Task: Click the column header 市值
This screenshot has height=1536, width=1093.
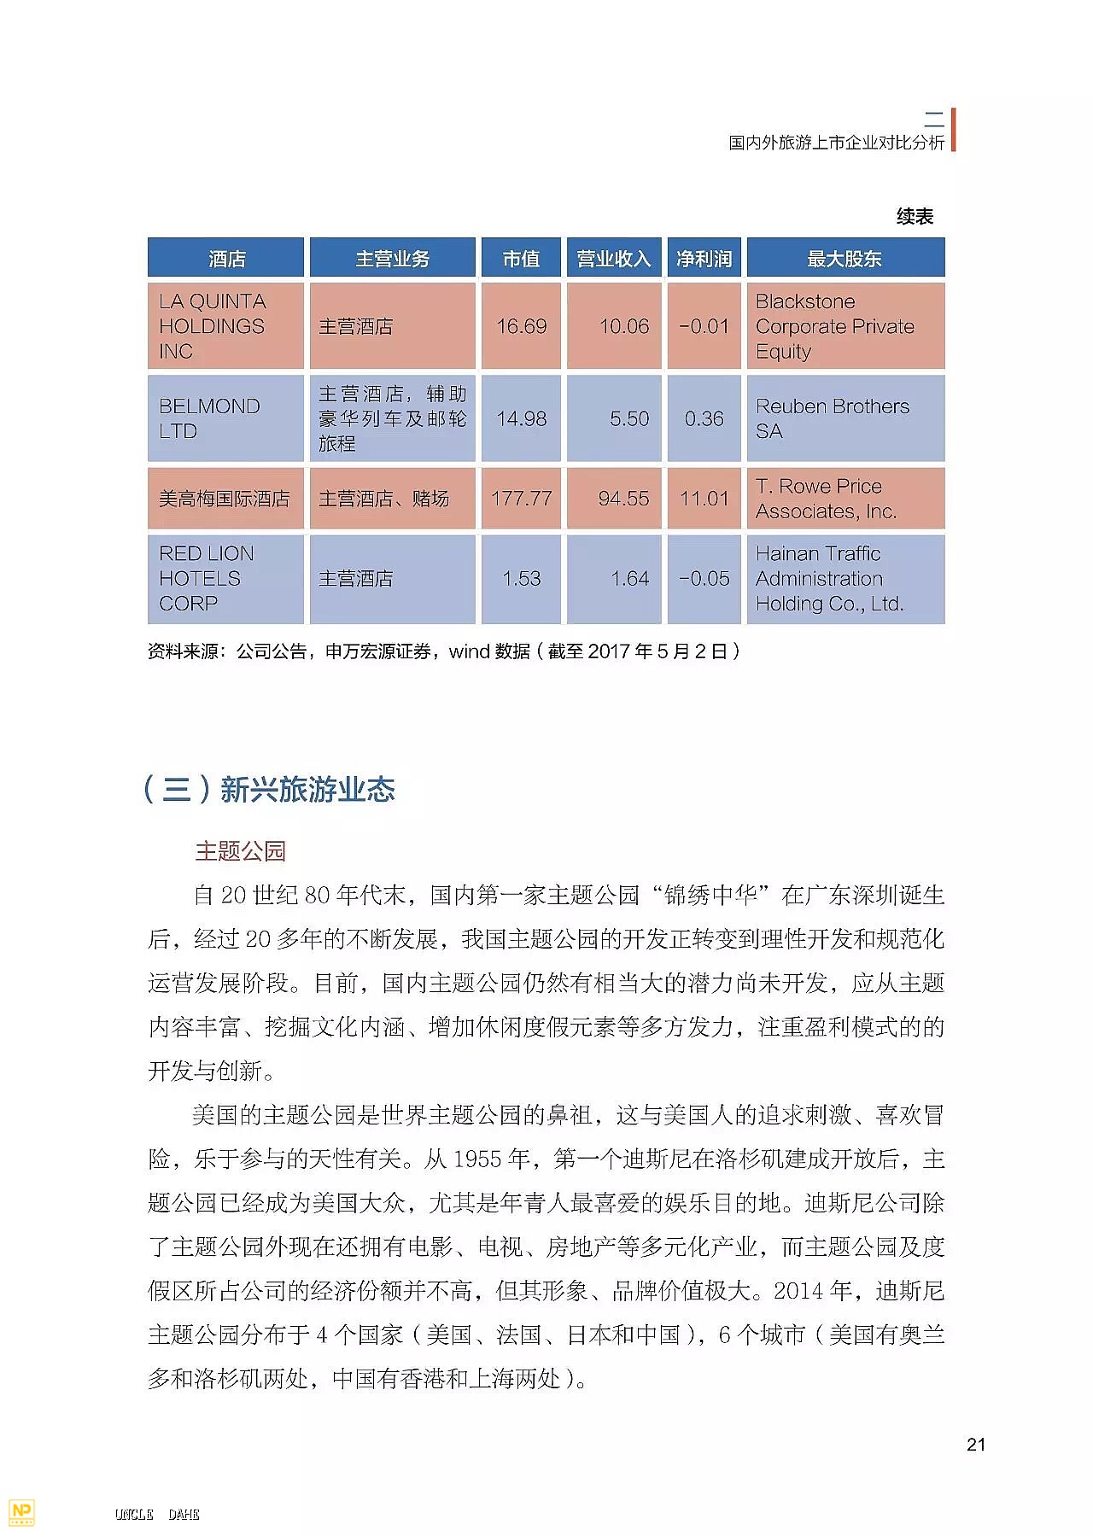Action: pyautogui.click(x=521, y=258)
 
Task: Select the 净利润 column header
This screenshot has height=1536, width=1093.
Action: pyautogui.click(x=704, y=258)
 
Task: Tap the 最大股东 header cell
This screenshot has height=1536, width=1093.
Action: pyautogui.click(x=845, y=258)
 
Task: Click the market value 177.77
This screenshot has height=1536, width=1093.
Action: pyautogui.click(x=521, y=499)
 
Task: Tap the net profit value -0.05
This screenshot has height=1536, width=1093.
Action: pyautogui.click(x=704, y=579)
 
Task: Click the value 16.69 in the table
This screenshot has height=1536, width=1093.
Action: pyautogui.click(x=521, y=326)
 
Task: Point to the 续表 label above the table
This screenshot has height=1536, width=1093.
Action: pyautogui.click(x=915, y=217)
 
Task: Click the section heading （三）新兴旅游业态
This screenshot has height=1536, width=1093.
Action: pyautogui.click(x=269, y=789)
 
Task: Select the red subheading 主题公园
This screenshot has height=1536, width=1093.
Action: pyautogui.click(x=240, y=850)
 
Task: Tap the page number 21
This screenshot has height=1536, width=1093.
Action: pyautogui.click(x=976, y=1445)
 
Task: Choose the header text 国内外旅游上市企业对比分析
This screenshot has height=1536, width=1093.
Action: pyautogui.click(x=836, y=143)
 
